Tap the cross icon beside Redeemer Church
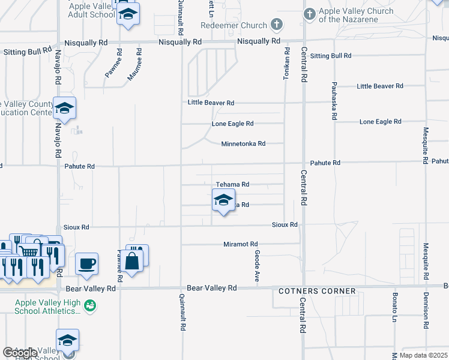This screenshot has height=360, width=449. [276, 25]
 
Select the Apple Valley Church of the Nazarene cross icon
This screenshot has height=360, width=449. [309, 13]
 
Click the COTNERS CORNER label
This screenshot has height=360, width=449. [317, 292]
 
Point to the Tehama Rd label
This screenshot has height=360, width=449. [232, 185]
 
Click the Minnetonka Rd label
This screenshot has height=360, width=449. [243, 144]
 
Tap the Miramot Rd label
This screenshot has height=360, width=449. [240, 244]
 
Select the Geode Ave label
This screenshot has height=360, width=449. [256, 267]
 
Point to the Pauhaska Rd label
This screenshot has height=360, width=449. [334, 100]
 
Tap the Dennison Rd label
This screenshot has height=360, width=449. [426, 310]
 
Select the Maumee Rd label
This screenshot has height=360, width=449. [134, 67]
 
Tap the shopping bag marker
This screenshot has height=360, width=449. [131, 260]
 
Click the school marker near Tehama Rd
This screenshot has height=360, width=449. [223, 200]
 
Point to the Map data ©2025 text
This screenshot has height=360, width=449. [424, 355]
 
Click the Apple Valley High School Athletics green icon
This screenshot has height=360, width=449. [90, 306]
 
